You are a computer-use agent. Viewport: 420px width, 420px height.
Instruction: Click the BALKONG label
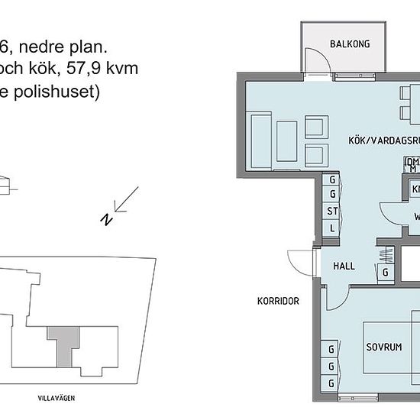click(x=350, y=44)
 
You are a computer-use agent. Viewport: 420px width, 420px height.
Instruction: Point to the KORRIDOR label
click(x=277, y=301)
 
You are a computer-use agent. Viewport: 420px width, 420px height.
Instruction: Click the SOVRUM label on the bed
click(x=383, y=347)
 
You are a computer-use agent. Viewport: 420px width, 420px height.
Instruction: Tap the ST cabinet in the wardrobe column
click(x=332, y=212)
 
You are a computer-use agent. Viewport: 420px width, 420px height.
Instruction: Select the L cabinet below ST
click(x=332, y=228)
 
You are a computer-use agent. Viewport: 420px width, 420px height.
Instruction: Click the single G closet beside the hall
click(x=386, y=271)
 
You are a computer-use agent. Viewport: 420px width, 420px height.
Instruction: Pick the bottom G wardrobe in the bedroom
click(x=331, y=383)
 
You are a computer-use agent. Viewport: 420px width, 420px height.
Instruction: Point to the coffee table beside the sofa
click(x=286, y=140)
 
